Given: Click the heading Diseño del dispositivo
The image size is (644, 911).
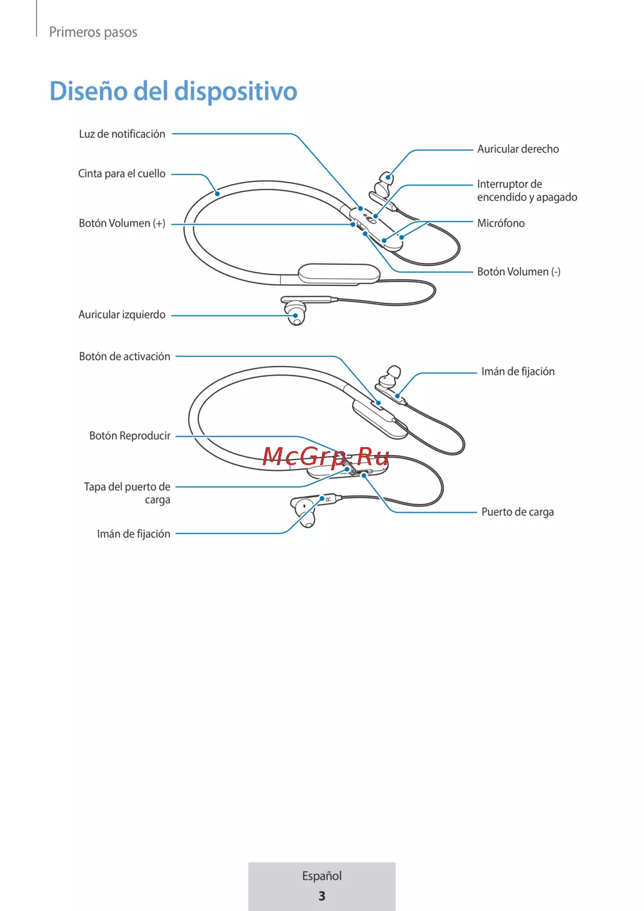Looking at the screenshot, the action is click(173, 91).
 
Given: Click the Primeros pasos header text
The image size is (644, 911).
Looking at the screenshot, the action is click(93, 32).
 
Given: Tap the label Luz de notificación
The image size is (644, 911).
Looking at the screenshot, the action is click(122, 134).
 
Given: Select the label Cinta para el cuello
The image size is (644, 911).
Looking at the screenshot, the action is click(122, 174).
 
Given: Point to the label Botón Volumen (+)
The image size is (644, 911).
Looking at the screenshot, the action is click(122, 224).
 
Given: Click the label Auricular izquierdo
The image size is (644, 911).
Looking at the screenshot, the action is click(122, 315).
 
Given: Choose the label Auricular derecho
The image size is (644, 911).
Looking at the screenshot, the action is click(518, 149).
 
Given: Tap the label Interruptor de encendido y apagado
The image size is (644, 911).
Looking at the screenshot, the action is click(527, 190).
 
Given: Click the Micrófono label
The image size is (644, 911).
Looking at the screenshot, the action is click(501, 223).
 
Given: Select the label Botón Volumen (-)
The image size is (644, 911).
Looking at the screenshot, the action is click(519, 272).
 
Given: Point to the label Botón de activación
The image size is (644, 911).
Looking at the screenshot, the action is click(124, 356).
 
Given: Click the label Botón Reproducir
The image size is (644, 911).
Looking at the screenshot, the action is click(129, 436).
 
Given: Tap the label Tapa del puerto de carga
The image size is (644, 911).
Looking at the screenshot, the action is click(127, 493).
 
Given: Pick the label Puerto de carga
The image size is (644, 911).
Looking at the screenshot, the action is click(518, 512).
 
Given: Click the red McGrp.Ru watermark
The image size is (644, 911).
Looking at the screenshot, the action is click(326, 456).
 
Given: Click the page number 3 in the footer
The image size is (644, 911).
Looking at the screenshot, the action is click(321, 896).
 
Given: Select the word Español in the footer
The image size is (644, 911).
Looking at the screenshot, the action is click(321, 876).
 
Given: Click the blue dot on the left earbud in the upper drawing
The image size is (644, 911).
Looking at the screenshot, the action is click(296, 316).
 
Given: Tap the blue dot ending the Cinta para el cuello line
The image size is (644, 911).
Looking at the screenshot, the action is click(218, 193).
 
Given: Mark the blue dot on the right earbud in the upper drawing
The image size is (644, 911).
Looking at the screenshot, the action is click(388, 177).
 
